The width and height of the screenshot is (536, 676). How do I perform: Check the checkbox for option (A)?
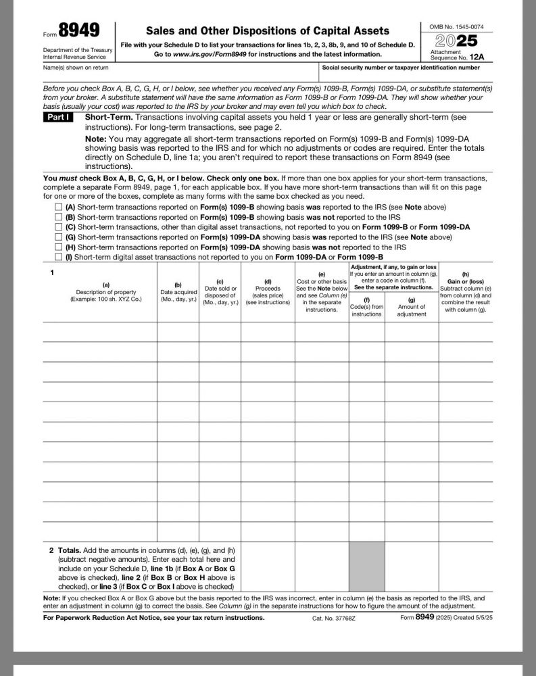click(x=59, y=207)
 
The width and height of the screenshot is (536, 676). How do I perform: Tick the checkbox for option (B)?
click(x=59, y=217)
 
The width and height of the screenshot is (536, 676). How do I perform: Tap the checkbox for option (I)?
click(x=59, y=258)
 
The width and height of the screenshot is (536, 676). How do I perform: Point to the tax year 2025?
click(x=457, y=40)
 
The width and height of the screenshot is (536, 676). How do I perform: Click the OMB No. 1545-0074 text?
click(x=457, y=26)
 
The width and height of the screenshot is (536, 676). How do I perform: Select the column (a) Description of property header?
click(x=99, y=291)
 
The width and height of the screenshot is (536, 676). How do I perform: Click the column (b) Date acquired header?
click(x=178, y=292)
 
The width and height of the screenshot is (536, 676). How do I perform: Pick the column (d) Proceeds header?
click(x=268, y=291)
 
